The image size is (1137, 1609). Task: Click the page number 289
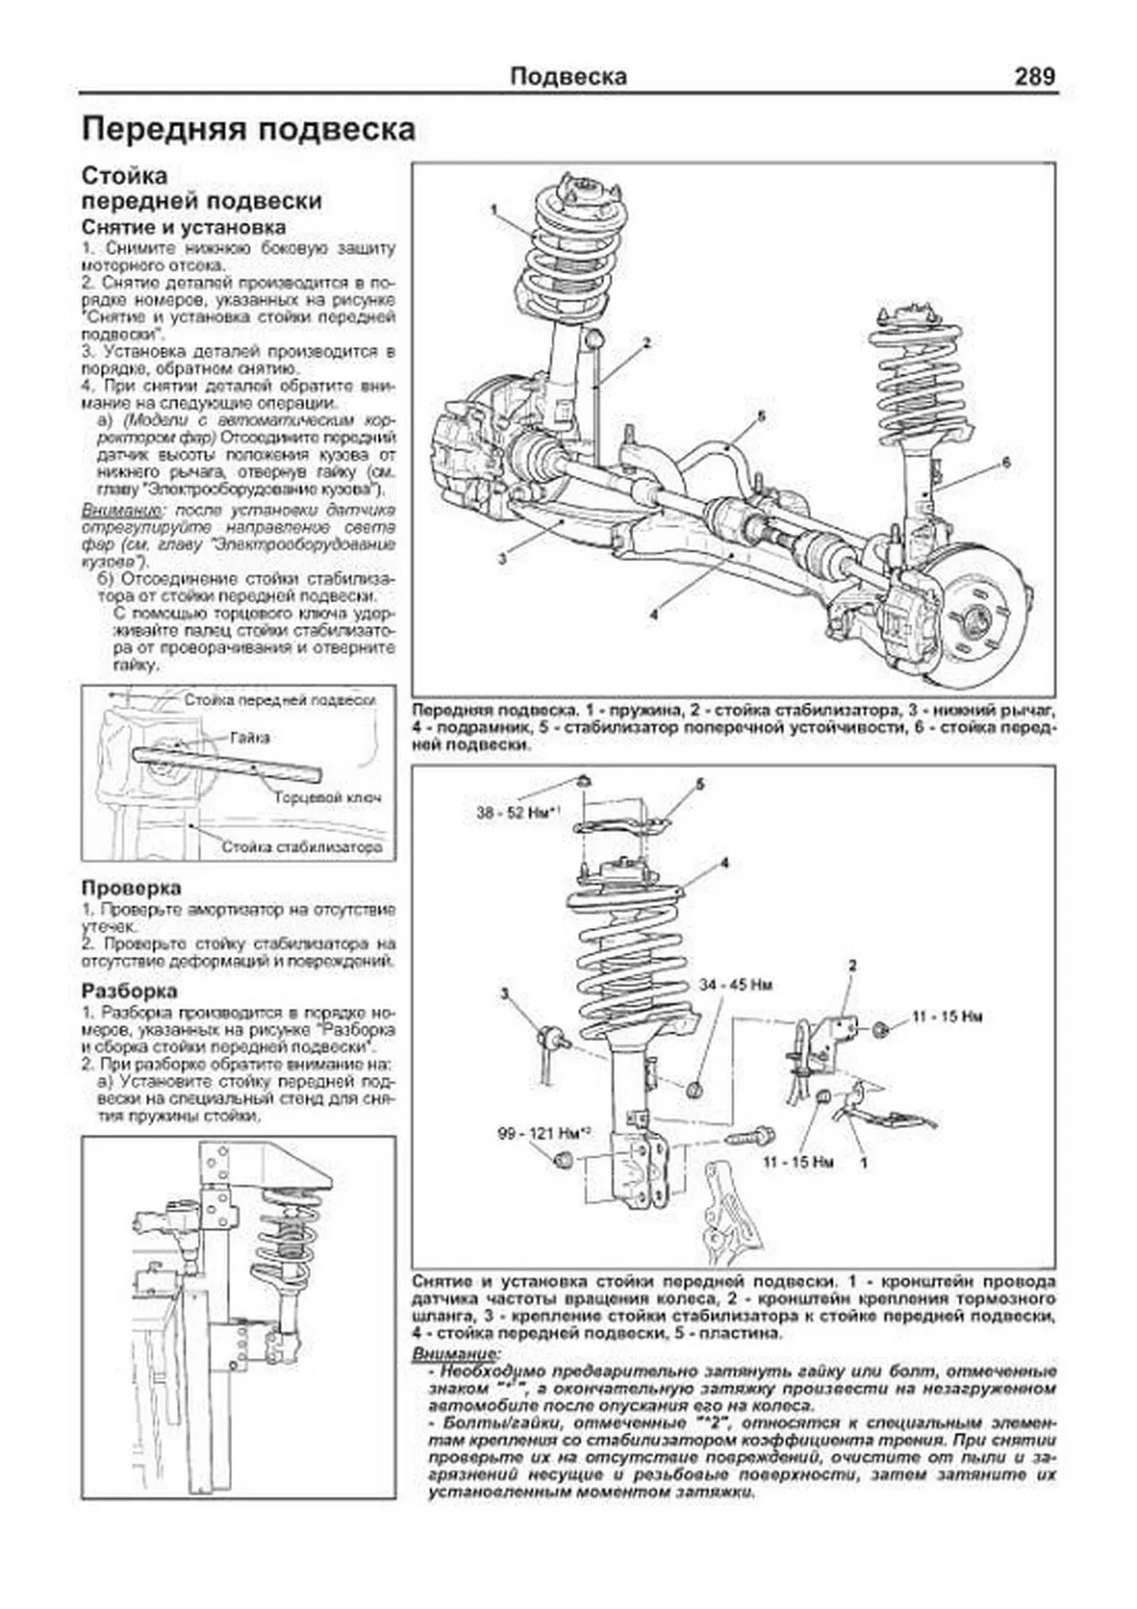1034,77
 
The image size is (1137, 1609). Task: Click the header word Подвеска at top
568,77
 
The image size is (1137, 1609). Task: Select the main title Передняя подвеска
248,130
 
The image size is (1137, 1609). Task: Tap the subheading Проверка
131,888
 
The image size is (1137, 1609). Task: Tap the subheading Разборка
129,991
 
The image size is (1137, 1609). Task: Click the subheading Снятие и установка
184,228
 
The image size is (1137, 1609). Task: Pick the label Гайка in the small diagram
248,737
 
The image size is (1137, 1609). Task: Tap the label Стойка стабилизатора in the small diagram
302,847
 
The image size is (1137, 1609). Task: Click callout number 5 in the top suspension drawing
761,415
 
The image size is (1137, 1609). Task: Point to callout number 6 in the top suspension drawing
1006,462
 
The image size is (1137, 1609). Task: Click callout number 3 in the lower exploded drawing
505,994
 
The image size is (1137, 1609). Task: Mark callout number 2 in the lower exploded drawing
852,965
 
